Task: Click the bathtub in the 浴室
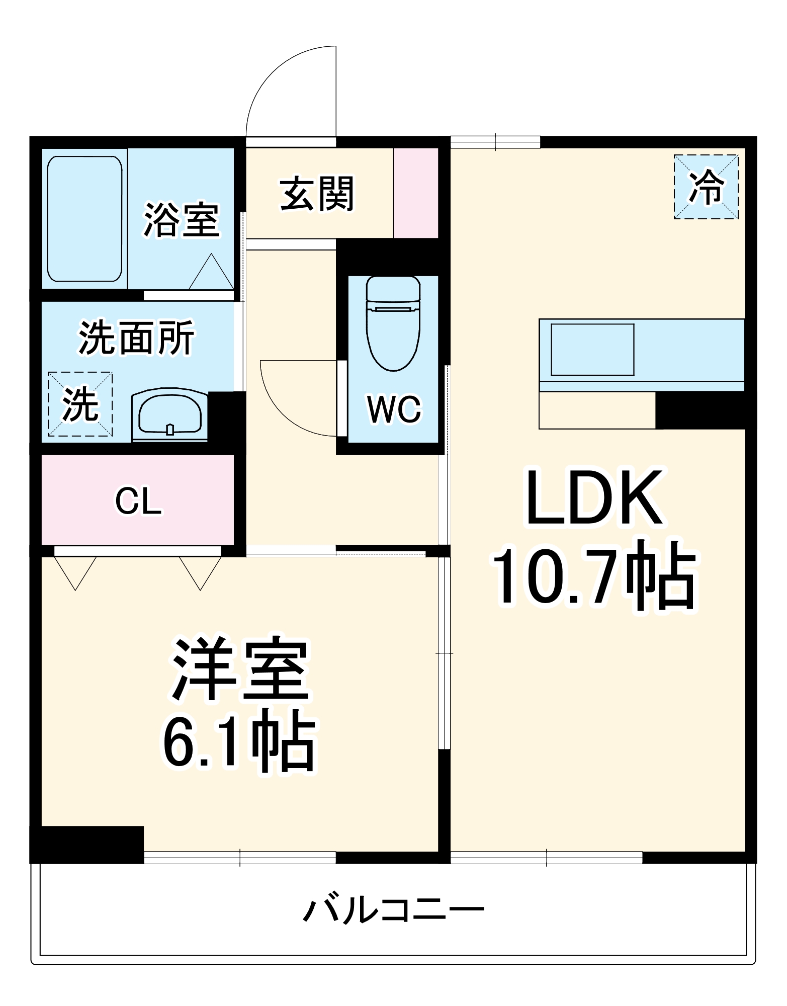[84, 219]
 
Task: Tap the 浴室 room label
[182, 220]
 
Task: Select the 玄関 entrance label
[317, 194]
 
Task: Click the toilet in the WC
[393, 323]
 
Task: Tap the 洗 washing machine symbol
[80, 404]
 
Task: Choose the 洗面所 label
[136, 338]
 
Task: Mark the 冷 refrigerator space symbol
[706, 187]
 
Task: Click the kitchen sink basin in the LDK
[592, 350]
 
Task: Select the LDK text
[594, 497]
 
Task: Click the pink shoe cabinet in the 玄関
[415, 193]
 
